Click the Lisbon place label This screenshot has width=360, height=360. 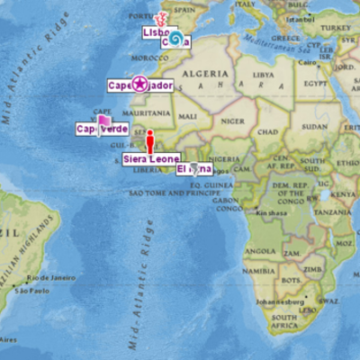pos(155,32)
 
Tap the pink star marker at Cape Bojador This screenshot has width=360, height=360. pos(139,85)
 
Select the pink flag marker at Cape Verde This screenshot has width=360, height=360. pos(103,121)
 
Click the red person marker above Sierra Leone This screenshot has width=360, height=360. pos(150,142)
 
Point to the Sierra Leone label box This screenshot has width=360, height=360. pos(151,159)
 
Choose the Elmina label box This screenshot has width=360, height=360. pos(193,169)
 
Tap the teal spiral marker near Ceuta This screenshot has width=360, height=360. pos(176,38)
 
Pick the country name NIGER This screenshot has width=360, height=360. pos(232,121)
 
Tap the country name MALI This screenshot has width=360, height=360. pos(187,116)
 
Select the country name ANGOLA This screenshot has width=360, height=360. pos(262,251)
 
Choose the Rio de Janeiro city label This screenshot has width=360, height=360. pos(49,278)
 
